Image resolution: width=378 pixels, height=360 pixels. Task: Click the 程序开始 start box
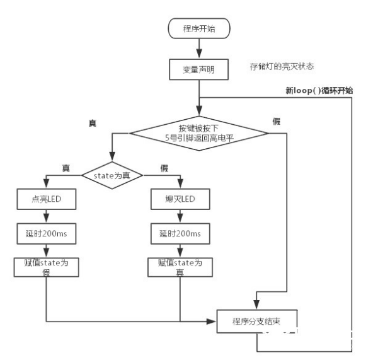198,28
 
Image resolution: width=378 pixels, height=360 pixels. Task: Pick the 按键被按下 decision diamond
198,133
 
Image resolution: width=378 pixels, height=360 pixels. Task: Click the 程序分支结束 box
257,322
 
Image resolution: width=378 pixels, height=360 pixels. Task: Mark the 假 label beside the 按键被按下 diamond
276,120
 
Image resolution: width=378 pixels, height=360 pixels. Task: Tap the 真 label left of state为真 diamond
66,168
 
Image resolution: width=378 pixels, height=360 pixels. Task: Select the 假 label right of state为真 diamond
164,168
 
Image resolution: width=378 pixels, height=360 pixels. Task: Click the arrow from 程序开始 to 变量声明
198,48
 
